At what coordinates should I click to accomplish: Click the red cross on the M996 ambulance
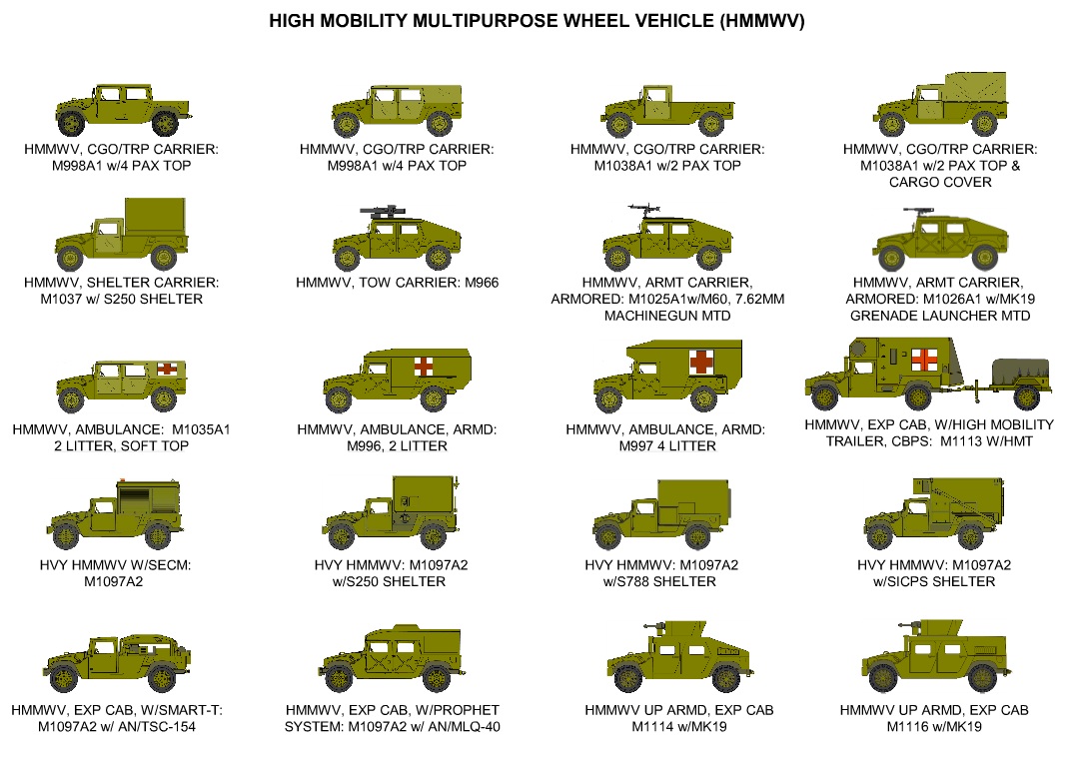(423, 366)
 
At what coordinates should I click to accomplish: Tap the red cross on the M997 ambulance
(703, 360)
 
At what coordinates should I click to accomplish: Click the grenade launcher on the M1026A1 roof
(917, 212)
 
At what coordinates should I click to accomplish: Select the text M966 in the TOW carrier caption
(479, 283)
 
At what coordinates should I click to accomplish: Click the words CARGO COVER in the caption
(939, 182)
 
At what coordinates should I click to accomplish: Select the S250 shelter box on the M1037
(155, 226)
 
